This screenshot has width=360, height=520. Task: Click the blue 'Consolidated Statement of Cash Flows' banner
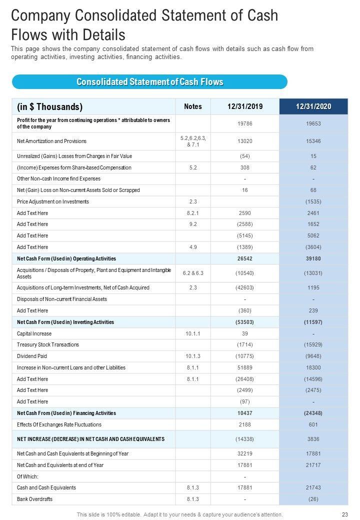149,82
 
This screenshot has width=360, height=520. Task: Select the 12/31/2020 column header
313,106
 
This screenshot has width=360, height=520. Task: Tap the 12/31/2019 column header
245,106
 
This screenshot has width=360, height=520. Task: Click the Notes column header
193,106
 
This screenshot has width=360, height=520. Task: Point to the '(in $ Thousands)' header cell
50,106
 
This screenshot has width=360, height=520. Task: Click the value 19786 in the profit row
245,123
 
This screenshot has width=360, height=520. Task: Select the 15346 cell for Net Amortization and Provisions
313,141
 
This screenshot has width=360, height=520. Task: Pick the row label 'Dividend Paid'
32,356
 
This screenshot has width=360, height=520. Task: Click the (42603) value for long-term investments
245,287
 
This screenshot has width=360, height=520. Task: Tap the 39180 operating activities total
313,258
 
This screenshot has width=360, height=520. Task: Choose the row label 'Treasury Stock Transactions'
48,344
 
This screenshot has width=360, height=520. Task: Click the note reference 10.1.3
193,356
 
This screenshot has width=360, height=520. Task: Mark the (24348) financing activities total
313,413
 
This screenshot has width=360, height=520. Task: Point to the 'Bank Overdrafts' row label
35,499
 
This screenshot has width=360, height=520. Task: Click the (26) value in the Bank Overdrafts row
313,499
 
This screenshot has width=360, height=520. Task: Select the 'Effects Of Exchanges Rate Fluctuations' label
59,424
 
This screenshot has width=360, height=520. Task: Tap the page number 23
344,514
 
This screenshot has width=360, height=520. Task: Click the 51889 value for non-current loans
245,367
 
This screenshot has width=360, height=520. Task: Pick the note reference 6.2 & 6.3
193,273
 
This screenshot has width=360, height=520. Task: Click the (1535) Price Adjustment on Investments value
313,201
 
